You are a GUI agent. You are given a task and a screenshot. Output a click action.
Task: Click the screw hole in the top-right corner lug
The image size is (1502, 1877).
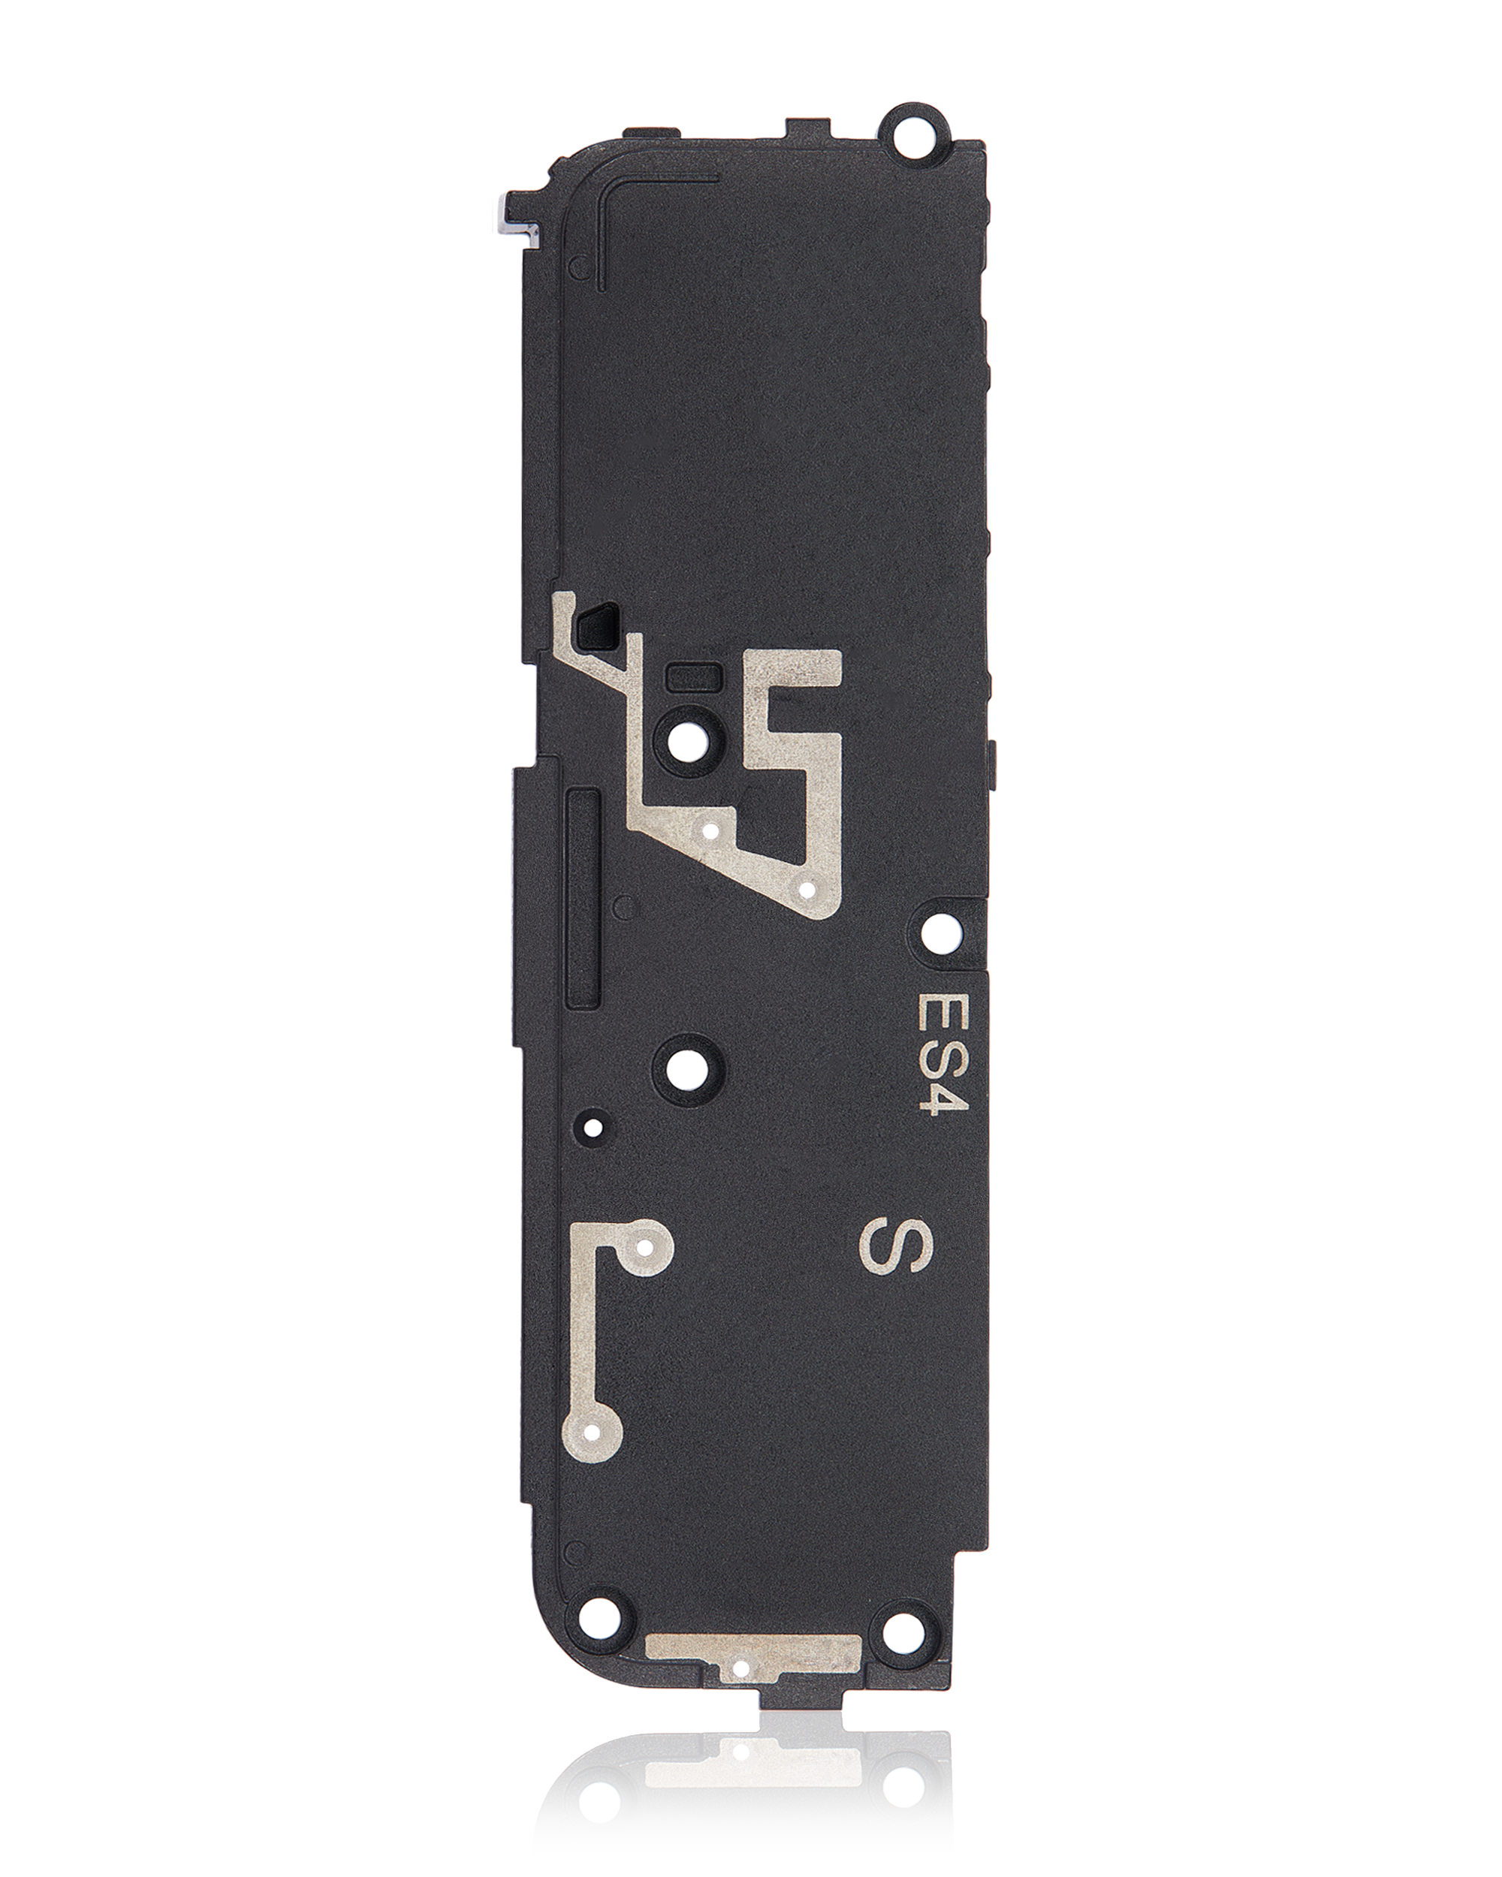point(916,131)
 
